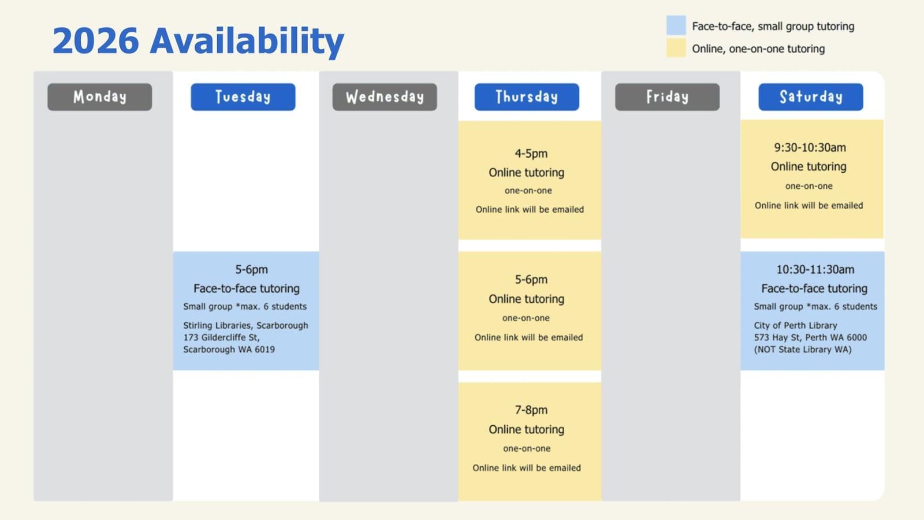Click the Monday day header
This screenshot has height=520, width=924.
point(100,97)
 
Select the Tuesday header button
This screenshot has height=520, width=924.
point(243,97)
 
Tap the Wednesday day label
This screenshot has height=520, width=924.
point(385,97)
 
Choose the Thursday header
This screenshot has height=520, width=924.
point(527,97)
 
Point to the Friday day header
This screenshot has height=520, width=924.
point(668,97)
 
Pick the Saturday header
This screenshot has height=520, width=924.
point(811,97)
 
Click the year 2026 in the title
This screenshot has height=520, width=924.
point(96,40)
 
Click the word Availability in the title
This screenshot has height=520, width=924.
point(247,42)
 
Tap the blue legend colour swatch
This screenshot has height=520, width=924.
point(676,25)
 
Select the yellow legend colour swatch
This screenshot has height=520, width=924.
point(676,48)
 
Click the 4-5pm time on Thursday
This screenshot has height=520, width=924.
point(531,154)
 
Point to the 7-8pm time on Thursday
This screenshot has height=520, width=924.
point(531,410)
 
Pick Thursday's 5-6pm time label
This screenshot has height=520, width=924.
point(531,280)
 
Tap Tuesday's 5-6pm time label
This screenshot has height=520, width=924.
point(252,270)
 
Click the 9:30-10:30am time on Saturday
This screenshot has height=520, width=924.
point(810,148)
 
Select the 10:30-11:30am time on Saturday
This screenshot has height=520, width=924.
point(815,270)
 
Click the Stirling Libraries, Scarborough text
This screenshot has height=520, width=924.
point(246,326)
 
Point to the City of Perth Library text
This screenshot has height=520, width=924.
point(796,326)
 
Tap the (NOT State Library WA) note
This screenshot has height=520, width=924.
point(803,350)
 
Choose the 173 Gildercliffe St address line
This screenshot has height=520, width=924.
point(222,337)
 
